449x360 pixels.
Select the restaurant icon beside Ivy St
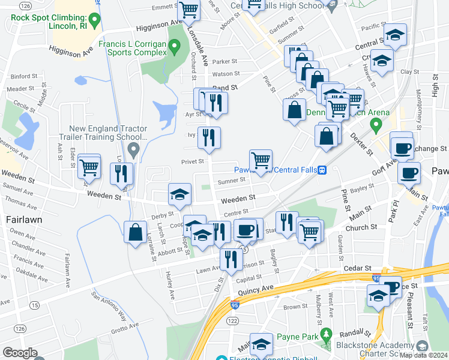[209, 139]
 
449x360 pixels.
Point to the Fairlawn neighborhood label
[24, 220]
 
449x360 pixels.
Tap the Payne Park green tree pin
[326, 334]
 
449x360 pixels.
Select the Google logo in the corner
[20, 353]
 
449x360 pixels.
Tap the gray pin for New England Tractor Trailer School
[134, 148]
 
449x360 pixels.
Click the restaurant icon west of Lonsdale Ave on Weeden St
[122, 173]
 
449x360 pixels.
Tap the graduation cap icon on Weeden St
[179, 194]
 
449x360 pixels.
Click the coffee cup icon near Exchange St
[401, 146]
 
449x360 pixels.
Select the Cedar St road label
[353, 268]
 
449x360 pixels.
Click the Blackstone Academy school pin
[422, 346]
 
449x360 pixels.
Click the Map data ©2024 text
[424, 355]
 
